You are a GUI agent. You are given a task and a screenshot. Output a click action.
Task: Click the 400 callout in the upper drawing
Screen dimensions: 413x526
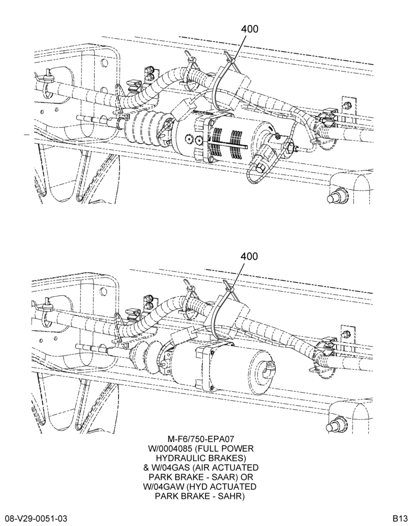coord(249,29)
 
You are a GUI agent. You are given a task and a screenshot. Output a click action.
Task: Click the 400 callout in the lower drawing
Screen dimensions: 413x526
coord(249,256)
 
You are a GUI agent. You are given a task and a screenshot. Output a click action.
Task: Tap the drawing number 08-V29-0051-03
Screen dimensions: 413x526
coord(36,518)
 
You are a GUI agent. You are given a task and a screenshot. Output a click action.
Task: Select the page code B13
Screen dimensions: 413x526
coord(401,518)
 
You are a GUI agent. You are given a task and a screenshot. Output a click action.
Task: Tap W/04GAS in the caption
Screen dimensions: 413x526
coord(172,467)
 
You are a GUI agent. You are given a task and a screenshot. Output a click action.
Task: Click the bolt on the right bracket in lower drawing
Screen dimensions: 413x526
coord(346,333)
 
